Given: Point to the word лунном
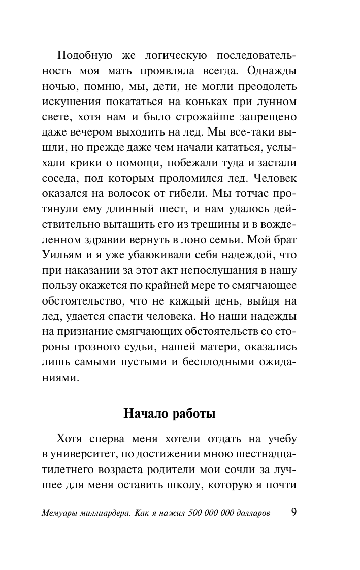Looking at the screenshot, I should click(x=278, y=102).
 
